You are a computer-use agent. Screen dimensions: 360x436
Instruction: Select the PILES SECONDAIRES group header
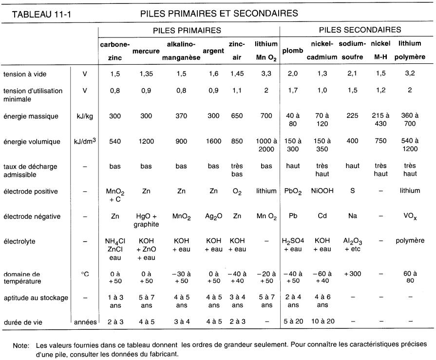360,30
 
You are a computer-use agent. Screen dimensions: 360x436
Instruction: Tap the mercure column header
147,51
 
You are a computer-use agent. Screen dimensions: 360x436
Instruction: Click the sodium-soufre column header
352,50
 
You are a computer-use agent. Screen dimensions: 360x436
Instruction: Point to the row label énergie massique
30,116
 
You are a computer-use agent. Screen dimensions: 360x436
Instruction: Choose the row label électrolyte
20,241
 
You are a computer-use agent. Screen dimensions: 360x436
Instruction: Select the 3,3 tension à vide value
266,74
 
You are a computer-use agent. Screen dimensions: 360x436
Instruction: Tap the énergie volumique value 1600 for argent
213,142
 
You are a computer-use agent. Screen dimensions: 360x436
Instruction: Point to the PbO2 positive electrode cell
293,192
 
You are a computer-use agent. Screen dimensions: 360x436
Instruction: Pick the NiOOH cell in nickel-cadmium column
322,191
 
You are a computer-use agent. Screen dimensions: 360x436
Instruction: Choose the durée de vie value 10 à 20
322,321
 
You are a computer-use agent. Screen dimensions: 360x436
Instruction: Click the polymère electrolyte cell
410,241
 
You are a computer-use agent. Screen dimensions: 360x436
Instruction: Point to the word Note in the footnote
21,345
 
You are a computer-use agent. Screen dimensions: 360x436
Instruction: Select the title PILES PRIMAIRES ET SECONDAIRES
219,13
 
